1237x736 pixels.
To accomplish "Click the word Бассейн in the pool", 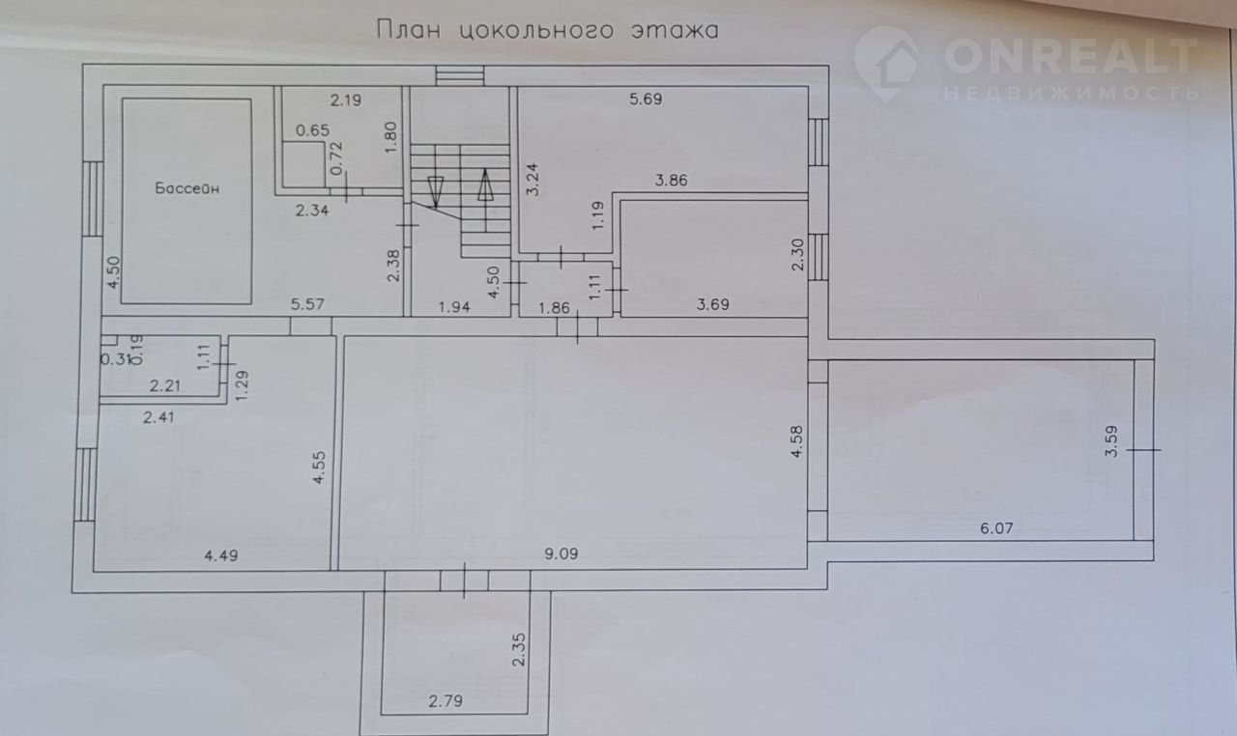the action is pyautogui.click(x=187, y=188).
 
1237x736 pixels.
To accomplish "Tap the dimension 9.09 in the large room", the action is pyautogui.click(x=561, y=553).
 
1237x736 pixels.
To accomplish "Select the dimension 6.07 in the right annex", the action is pyautogui.click(x=996, y=528).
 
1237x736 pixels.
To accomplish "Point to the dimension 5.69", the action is pyautogui.click(x=646, y=99).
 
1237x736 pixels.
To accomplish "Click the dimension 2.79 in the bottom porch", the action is pyautogui.click(x=446, y=701).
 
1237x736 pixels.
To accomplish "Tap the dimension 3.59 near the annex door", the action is pyautogui.click(x=1111, y=440).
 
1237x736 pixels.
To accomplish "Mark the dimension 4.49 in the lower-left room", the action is pyautogui.click(x=221, y=555).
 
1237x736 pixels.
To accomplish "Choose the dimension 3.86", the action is pyautogui.click(x=671, y=181).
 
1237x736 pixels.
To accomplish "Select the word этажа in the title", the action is pyautogui.click(x=676, y=31).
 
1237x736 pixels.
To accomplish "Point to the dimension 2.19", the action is pyautogui.click(x=346, y=100).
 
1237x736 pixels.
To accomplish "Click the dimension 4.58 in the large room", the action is pyautogui.click(x=797, y=441).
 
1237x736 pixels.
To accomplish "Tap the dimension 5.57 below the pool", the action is pyautogui.click(x=307, y=304).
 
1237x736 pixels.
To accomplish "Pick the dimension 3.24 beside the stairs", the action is pyautogui.click(x=532, y=180).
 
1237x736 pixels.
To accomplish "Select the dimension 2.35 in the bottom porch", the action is pyautogui.click(x=519, y=649).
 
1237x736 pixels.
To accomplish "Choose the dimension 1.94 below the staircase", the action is pyautogui.click(x=454, y=307).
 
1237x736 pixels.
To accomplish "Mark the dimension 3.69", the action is pyautogui.click(x=712, y=304).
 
